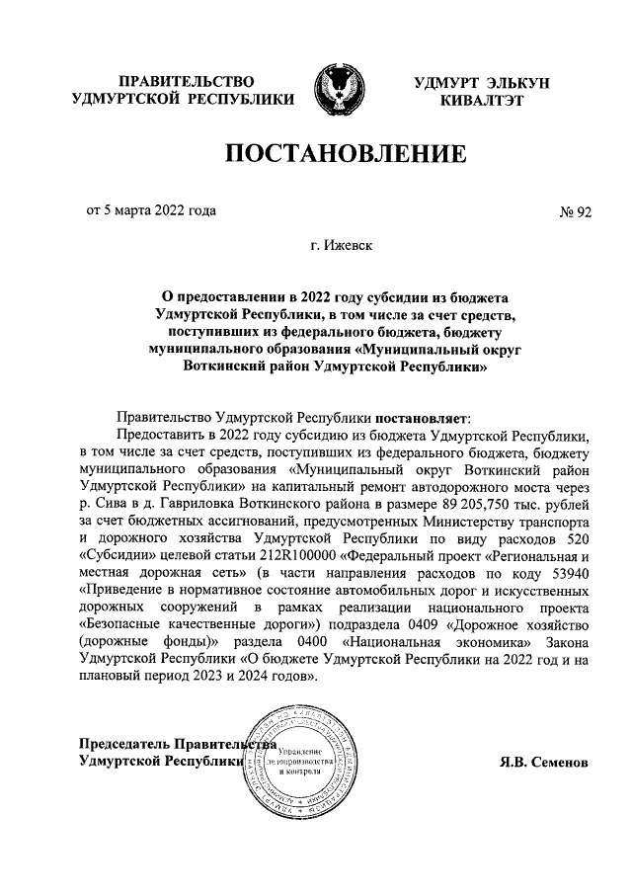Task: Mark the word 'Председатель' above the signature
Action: (123, 744)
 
